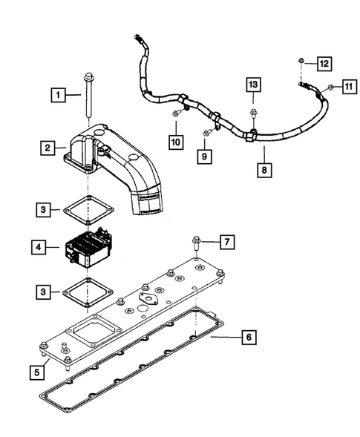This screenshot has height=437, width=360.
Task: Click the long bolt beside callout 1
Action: coord(87,96)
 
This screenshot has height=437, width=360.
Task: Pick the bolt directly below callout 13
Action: coord(252,114)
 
